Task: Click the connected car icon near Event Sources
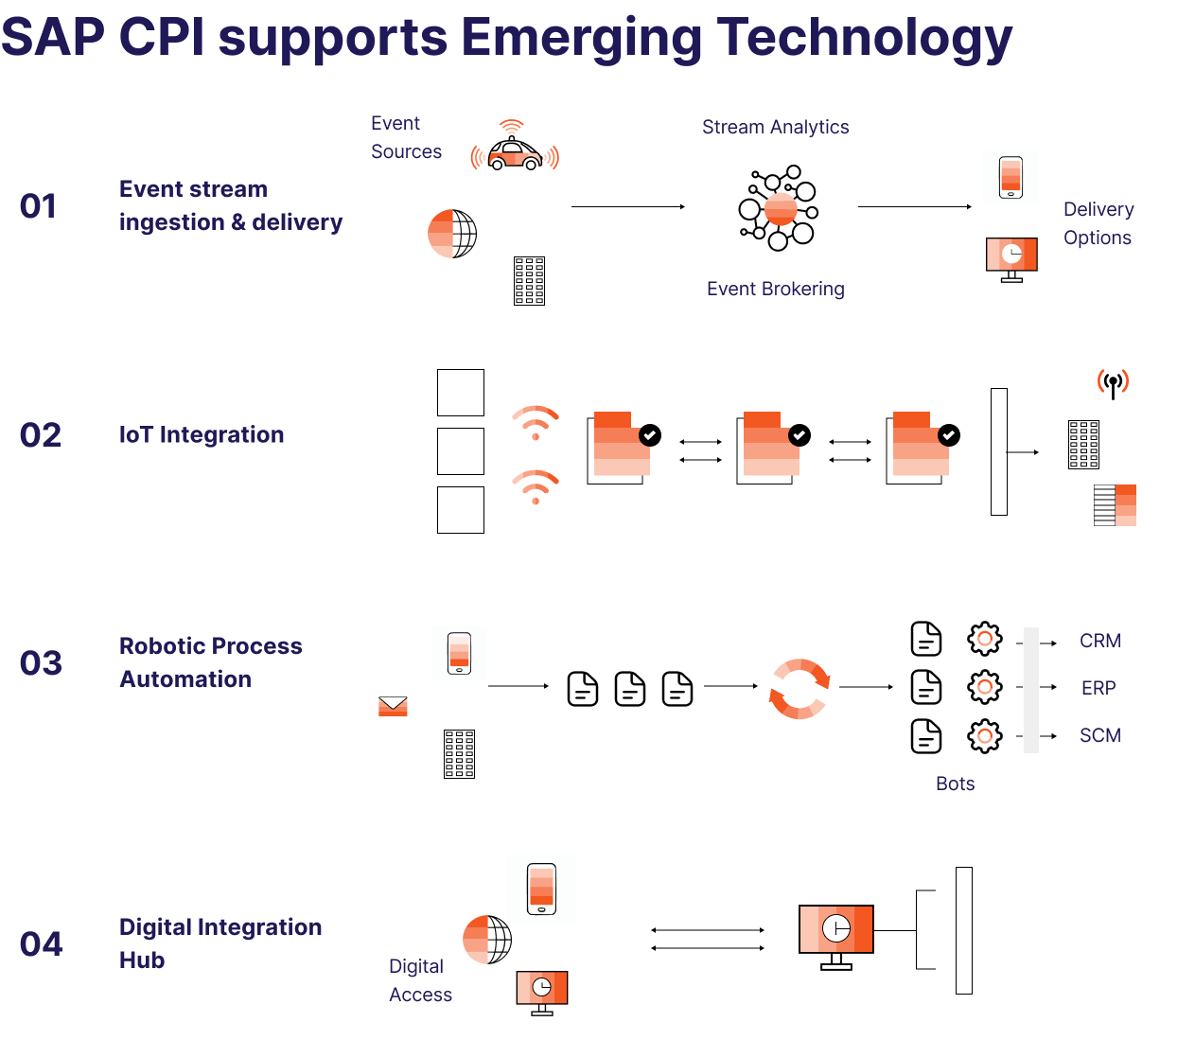[515, 151]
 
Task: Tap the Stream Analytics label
[775, 127]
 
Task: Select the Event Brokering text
[775, 289]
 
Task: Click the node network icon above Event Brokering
[778, 208]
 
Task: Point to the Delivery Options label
[1098, 223]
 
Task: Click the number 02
[41, 435]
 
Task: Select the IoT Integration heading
[202, 434]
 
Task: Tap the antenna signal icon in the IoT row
[1113, 383]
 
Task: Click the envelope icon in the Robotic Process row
[393, 706]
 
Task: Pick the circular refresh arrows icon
[800, 688]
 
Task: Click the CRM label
[1099, 641]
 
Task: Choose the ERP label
[1098, 688]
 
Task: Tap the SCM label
[1099, 735]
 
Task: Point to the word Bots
[955, 784]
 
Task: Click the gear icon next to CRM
[984, 640]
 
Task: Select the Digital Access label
[420, 980]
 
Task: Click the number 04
[42, 944]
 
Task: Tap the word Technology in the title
[864, 38]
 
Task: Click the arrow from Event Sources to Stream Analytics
[627, 206]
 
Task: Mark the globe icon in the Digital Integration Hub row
[487, 940]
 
